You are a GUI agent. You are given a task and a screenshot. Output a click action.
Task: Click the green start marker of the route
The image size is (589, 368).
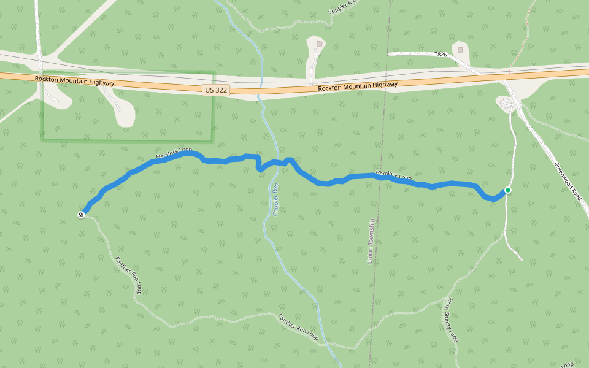(x=508, y=190)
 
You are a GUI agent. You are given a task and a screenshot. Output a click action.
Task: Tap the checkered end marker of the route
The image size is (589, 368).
(x=81, y=215)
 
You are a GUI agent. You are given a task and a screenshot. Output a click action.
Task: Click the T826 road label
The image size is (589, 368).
(x=441, y=55)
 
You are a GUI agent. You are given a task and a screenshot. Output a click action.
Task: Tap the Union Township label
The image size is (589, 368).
(x=370, y=242)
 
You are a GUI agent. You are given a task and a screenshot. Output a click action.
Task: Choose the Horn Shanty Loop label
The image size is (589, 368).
(x=452, y=320)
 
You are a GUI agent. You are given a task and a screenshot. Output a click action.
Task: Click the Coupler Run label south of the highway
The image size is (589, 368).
(x=275, y=199)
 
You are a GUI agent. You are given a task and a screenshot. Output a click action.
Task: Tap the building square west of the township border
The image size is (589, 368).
(x=319, y=44)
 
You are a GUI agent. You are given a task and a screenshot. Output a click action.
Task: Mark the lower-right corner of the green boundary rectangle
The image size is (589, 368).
(x=212, y=140)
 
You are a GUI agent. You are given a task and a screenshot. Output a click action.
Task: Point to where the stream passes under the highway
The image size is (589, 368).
(x=260, y=87)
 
